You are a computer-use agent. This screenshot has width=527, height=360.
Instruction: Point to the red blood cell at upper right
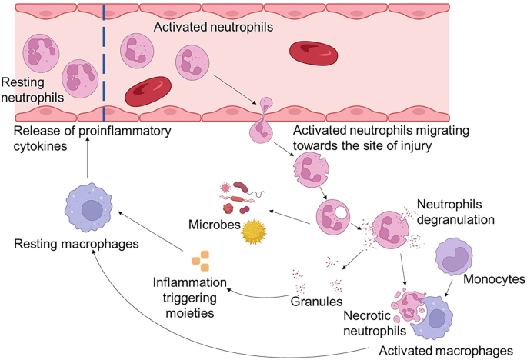[x=313, y=52]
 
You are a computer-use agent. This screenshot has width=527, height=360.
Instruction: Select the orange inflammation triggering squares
[x=200, y=261]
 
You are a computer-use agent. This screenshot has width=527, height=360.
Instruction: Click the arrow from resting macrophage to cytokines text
[x=87, y=163]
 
